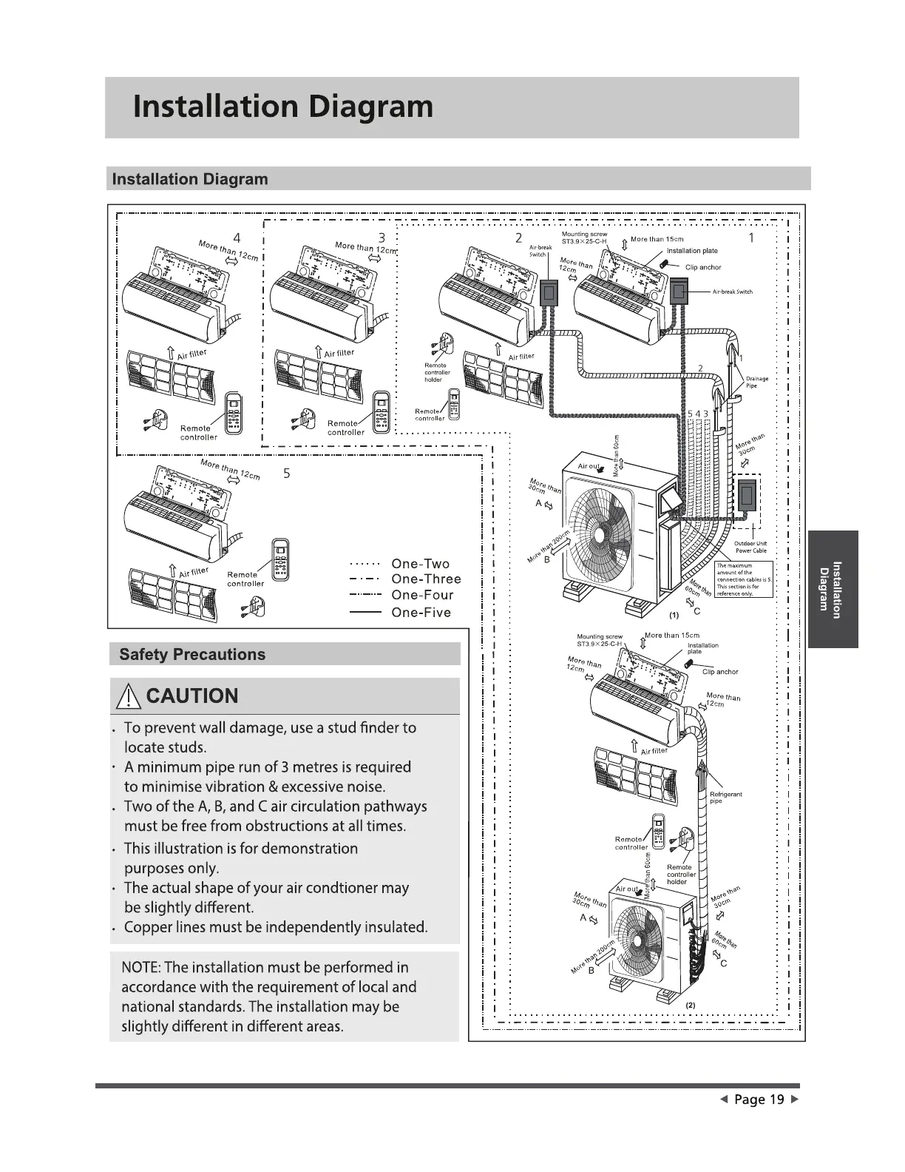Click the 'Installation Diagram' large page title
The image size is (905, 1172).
click(x=283, y=107)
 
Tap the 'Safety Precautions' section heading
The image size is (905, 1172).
click(x=191, y=654)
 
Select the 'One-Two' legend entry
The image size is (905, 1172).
click(x=420, y=565)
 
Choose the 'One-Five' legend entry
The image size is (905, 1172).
click(x=421, y=613)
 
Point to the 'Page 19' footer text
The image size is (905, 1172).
click(x=759, y=1099)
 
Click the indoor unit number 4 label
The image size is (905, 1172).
click(x=237, y=238)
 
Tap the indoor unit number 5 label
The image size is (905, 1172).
click(x=287, y=474)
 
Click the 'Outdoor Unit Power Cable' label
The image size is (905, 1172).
click(x=750, y=547)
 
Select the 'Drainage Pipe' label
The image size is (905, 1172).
click(x=756, y=382)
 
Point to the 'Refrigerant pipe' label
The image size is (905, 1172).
click(x=725, y=797)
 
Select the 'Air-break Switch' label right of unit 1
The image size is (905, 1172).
click(x=732, y=292)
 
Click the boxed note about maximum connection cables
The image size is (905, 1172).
click(x=744, y=579)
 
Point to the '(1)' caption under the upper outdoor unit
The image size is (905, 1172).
click(x=674, y=615)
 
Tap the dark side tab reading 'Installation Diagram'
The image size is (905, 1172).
click(x=833, y=589)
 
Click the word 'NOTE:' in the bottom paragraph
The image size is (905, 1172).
click(x=140, y=968)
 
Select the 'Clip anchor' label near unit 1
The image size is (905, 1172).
click(x=702, y=267)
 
